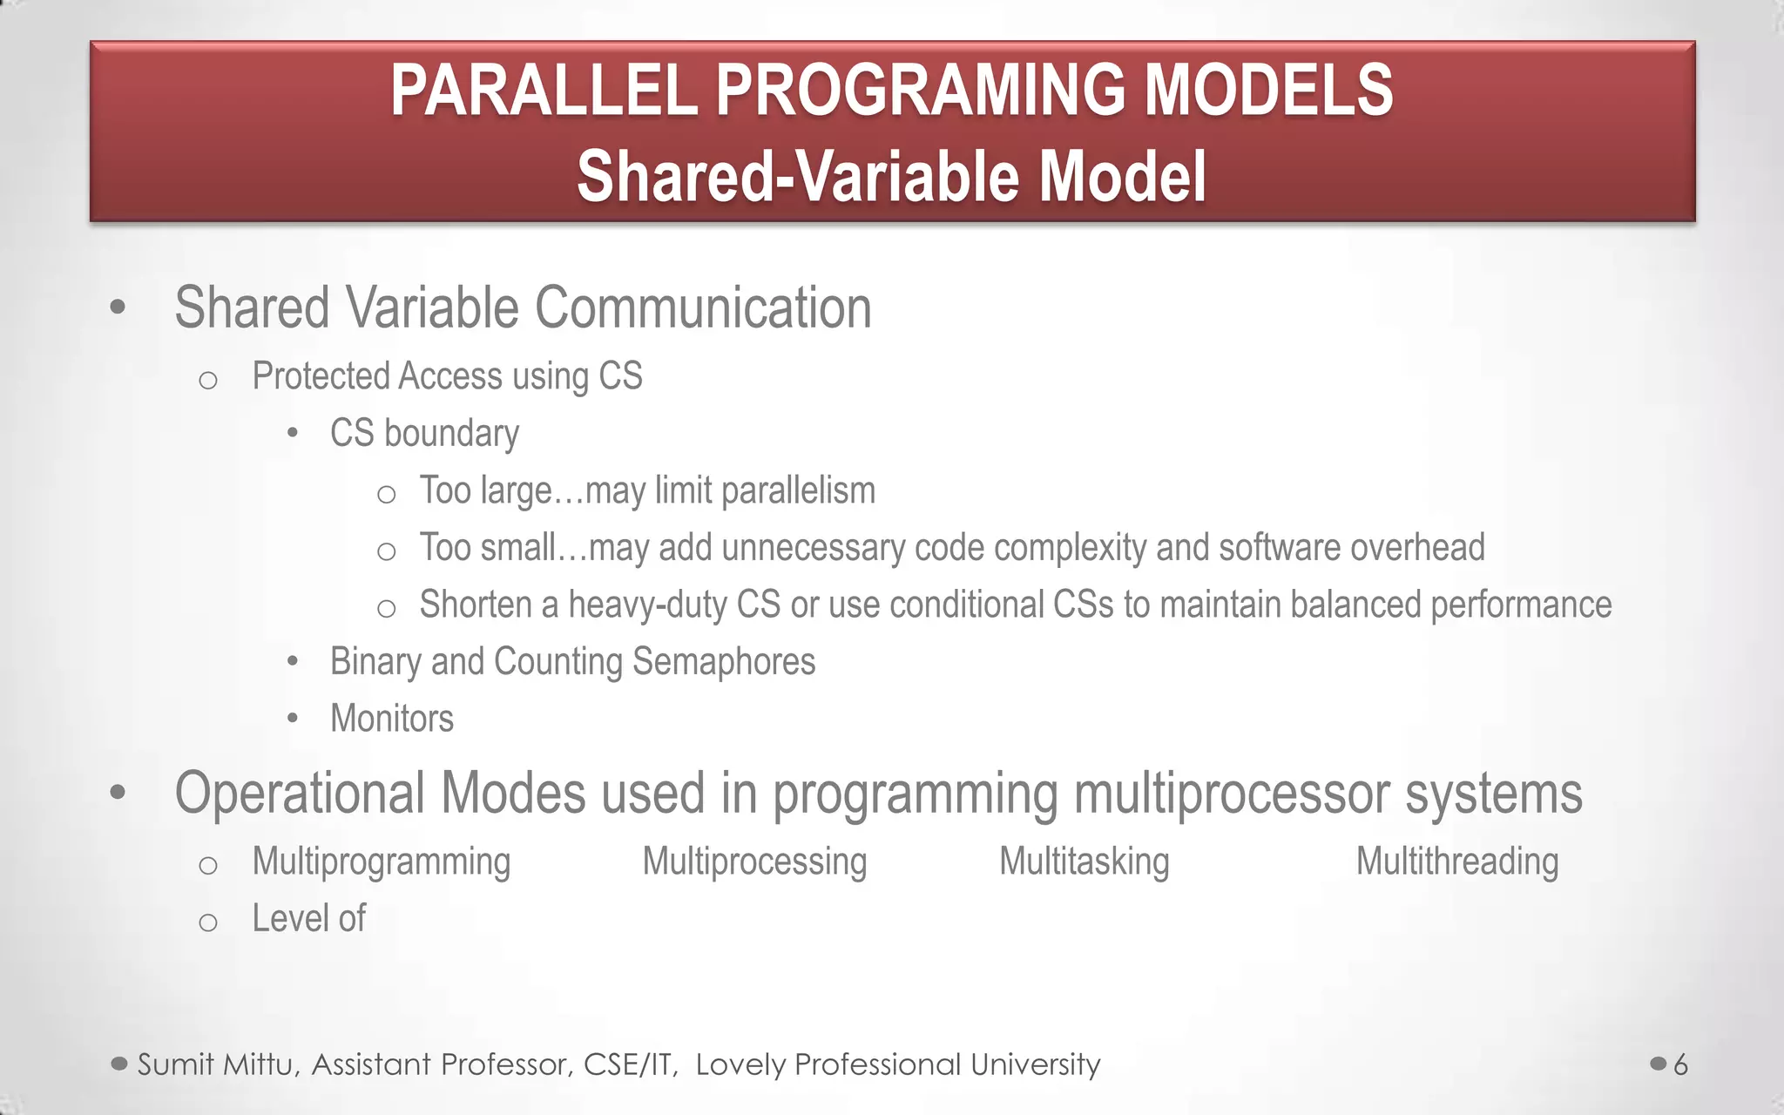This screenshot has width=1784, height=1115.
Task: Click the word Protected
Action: pyautogui.click(x=321, y=376)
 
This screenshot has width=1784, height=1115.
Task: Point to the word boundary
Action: pyautogui.click(x=451, y=434)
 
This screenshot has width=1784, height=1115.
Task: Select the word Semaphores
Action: pyautogui.click(x=723, y=662)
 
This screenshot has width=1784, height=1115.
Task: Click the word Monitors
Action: pyautogui.click(x=392, y=719)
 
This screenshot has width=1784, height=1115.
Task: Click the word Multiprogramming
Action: pyautogui.click(x=381, y=862)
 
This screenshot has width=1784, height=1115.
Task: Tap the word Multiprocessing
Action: pyautogui.click(x=754, y=862)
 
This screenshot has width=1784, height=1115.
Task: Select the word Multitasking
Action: pyautogui.click(x=1084, y=862)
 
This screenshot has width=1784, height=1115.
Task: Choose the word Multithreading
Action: pyautogui.click(x=1456, y=862)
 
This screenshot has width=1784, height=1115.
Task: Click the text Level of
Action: pyautogui.click(x=308, y=918)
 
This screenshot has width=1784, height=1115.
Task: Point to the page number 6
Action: pyautogui.click(x=1680, y=1064)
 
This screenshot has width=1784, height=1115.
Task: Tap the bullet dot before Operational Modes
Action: pyautogui.click(x=118, y=794)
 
